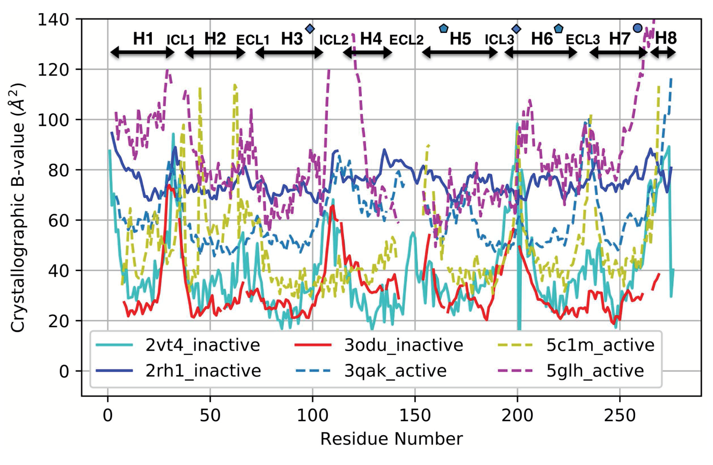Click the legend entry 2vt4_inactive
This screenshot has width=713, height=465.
[x=202, y=345]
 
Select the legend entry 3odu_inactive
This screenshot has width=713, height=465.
[x=403, y=345]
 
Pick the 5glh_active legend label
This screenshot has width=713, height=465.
[x=595, y=371]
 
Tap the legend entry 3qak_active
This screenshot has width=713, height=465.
[x=395, y=371]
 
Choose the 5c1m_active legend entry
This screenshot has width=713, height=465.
[x=600, y=345]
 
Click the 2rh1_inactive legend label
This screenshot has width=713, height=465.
[x=203, y=371]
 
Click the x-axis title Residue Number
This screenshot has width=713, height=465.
[x=392, y=439]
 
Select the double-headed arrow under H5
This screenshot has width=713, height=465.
[x=460, y=53]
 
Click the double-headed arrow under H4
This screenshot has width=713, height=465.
[x=367, y=53]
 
